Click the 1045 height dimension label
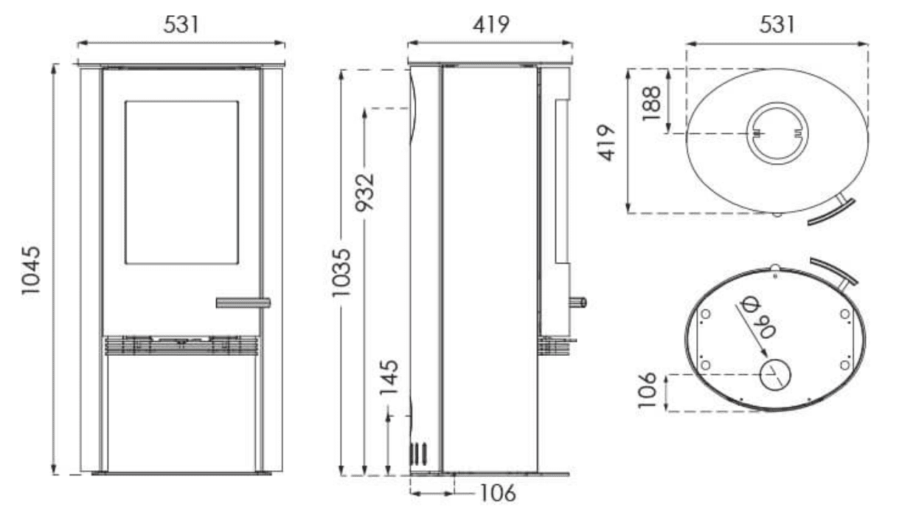coord(31,270)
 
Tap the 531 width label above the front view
coord(181,24)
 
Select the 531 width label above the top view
coord(777,24)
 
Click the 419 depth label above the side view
coord(491,24)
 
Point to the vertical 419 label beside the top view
coord(606,142)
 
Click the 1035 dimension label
coord(341,272)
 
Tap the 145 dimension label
coord(389,377)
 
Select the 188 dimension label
coord(651,103)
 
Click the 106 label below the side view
coord(498,493)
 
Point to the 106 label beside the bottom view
coord(647,390)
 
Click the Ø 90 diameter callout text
coord(757,317)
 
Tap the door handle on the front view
coord(243,303)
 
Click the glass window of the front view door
coord(181,182)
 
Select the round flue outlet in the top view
coord(777,133)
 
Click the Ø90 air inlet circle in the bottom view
coord(775,375)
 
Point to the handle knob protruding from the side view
coord(578,303)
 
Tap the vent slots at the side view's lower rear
coord(418,454)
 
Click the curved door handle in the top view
coord(832,211)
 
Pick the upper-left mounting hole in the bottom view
coord(705,314)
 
